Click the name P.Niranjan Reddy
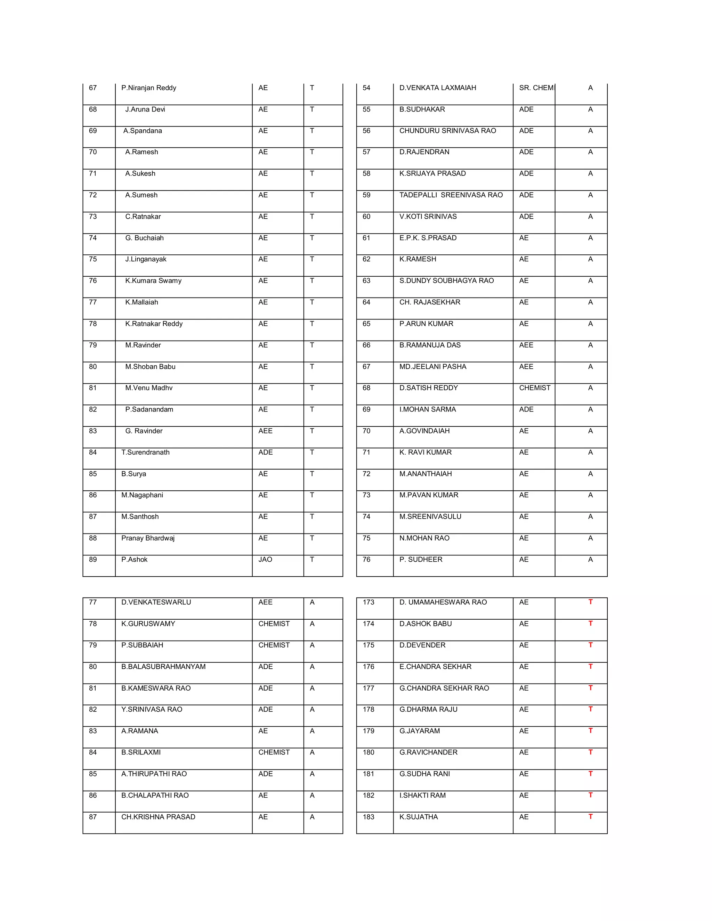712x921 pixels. [x=148, y=88]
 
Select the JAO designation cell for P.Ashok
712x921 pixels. [x=265, y=559]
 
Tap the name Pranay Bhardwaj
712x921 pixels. [x=148, y=538]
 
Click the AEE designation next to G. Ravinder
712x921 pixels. [x=265, y=431]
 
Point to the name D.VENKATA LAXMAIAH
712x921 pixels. [x=437, y=88]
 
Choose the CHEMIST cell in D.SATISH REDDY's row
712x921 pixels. [x=534, y=388]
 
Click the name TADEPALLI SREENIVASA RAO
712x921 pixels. [x=451, y=195]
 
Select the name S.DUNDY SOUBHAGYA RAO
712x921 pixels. [x=446, y=280]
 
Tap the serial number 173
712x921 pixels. [x=368, y=602]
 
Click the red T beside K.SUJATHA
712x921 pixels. [x=590, y=816]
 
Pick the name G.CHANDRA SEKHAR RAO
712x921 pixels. [x=444, y=688]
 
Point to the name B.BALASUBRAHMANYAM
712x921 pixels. [x=163, y=666]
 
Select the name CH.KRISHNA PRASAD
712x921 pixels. [x=158, y=817]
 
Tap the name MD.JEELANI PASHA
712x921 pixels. [x=432, y=366]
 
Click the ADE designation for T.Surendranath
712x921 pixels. [x=265, y=452]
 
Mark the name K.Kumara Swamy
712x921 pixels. [x=153, y=280]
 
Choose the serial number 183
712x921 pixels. [x=368, y=817]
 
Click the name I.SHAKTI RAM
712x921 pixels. [x=422, y=795]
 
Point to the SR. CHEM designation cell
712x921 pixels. [x=536, y=88]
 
